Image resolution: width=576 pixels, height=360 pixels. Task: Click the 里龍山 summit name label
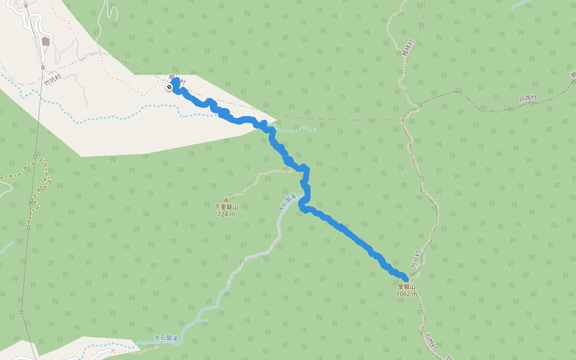pyautogui.click(x=406, y=287)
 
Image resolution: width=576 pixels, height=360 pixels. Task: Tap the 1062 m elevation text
pyautogui.click(x=406, y=294)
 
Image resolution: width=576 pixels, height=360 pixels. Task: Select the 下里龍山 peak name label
pyautogui.click(x=226, y=207)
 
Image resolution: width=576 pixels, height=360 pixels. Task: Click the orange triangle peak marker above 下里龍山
pyautogui.click(x=226, y=199)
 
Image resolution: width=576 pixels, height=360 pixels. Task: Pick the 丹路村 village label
pyautogui.click(x=527, y=98)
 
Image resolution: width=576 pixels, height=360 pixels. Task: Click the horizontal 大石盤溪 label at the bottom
pyautogui.click(x=166, y=338)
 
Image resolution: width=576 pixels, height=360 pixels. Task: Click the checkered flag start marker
pyautogui.click(x=169, y=88)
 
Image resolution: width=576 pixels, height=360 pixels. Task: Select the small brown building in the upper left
pyautogui.click(x=46, y=41)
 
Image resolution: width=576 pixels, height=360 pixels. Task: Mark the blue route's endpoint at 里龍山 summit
pyautogui.click(x=406, y=279)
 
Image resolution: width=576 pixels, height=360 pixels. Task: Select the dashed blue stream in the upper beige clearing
pyautogui.click(x=120, y=112)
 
